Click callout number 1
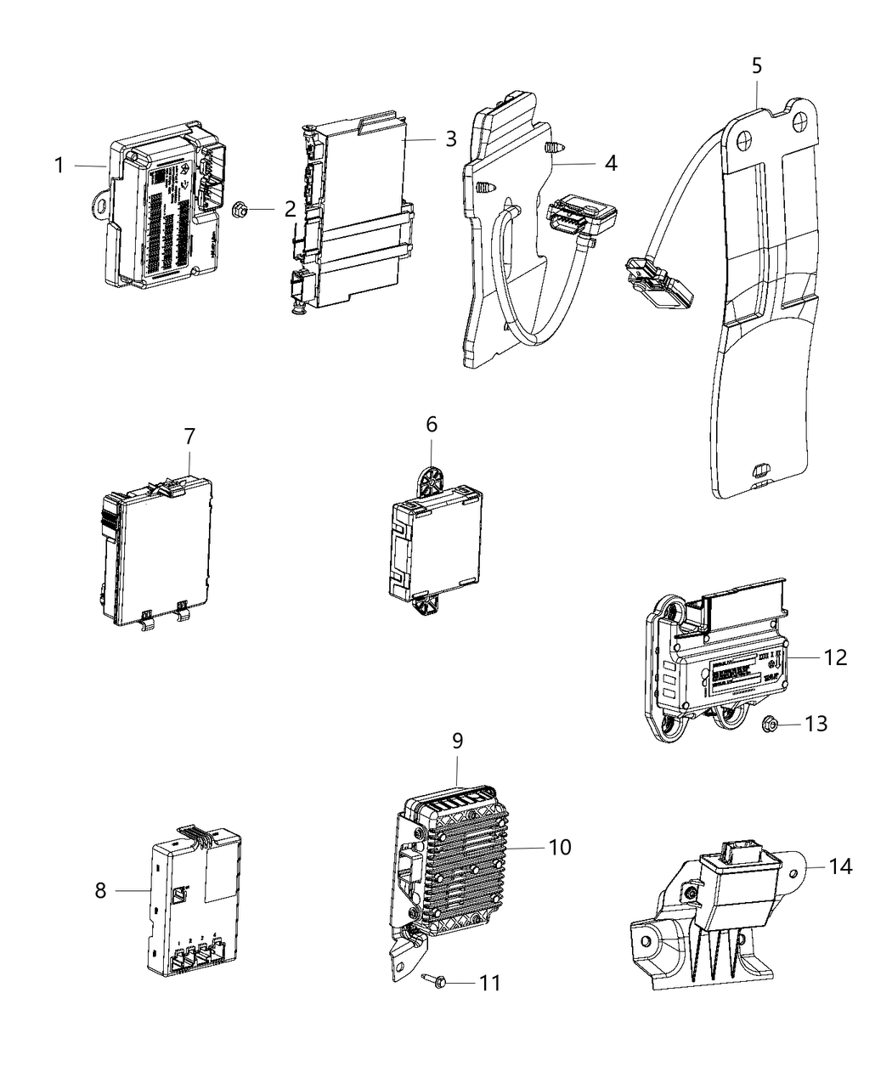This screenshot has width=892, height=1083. pyautogui.click(x=59, y=165)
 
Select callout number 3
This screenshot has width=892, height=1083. pyautogui.click(x=450, y=138)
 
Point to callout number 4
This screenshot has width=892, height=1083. pyautogui.click(x=611, y=162)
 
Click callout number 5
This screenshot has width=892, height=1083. pyautogui.click(x=757, y=65)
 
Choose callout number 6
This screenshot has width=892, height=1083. pyautogui.click(x=432, y=424)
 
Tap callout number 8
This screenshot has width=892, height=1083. pyautogui.click(x=100, y=890)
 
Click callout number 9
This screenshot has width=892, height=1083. pyautogui.click(x=457, y=741)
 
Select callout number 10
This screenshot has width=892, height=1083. pyautogui.click(x=560, y=846)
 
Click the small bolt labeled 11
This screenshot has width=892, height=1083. pyautogui.click(x=429, y=979)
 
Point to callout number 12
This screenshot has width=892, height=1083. pyautogui.click(x=836, y=657)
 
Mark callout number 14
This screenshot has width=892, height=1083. pyautogui.click(x=840, y=866)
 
